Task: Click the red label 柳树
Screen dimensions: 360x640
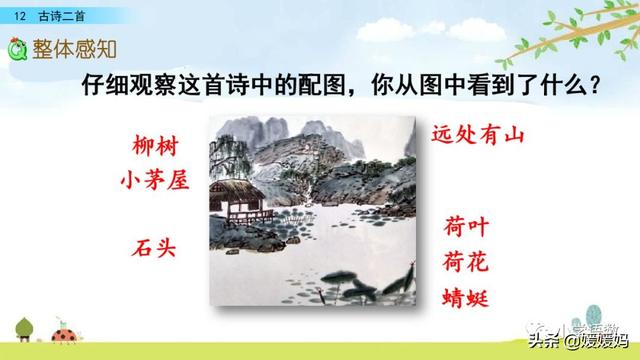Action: click(x=154, y=146)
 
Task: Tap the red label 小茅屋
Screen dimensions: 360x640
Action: click(x=154, y=181)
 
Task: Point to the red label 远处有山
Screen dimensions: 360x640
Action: click(x=479, y=133)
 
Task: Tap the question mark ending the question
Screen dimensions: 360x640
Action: click(x=595, y=87)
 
